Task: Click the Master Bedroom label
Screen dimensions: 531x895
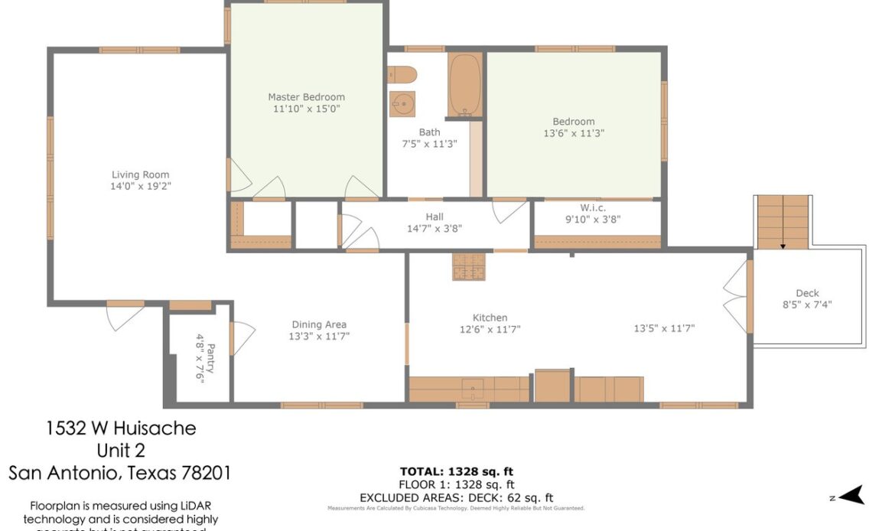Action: point(306,97)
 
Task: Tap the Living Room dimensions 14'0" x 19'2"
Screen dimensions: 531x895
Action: point(140,186)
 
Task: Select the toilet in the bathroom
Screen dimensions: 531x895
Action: point(402,75)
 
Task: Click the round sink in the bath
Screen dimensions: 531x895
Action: point(402,103)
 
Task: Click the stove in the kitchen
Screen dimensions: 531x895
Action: point(467,267)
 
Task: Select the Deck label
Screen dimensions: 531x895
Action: point(807,293)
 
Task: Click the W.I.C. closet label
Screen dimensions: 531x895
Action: point(593,207)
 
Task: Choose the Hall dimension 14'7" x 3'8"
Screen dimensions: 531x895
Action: point(434,228)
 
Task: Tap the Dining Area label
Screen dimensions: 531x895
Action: point(319,324)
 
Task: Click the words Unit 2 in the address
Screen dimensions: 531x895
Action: point(120,450)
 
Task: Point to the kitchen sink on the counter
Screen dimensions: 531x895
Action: point(474,388)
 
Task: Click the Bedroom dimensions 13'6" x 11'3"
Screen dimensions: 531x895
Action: point(573,132)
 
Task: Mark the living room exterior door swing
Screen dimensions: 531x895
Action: point(125,316)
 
